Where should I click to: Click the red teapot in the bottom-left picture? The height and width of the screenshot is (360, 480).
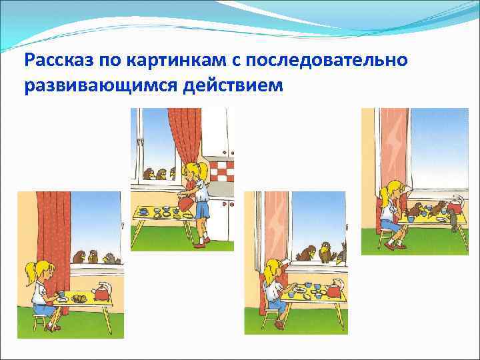[102, 293]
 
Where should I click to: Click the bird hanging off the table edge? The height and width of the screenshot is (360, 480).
[454, 219]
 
